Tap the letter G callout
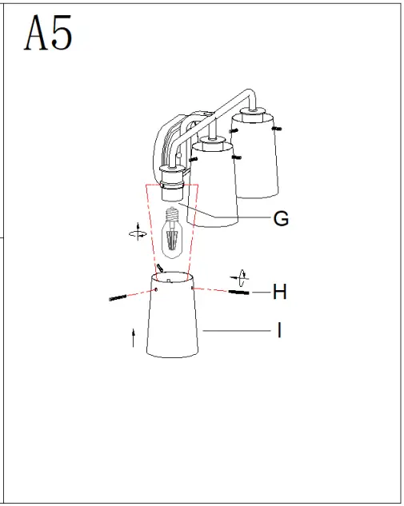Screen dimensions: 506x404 point(281,218)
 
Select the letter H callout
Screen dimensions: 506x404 point(279,292)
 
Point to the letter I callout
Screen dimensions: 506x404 point(279,329)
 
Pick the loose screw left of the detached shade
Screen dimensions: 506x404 point(118,298)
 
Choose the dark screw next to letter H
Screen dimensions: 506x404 point(239,292)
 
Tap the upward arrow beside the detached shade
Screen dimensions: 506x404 point(133,337)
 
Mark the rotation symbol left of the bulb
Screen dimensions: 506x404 point(138,233)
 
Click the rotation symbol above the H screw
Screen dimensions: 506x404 point(240,277)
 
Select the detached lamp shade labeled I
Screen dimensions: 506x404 point(173,320)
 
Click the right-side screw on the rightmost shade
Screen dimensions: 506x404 point(277,128)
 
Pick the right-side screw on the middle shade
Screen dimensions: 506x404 point(236,157)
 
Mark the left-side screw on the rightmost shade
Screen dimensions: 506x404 point(230,130)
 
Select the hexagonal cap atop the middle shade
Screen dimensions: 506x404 point(211,144)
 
